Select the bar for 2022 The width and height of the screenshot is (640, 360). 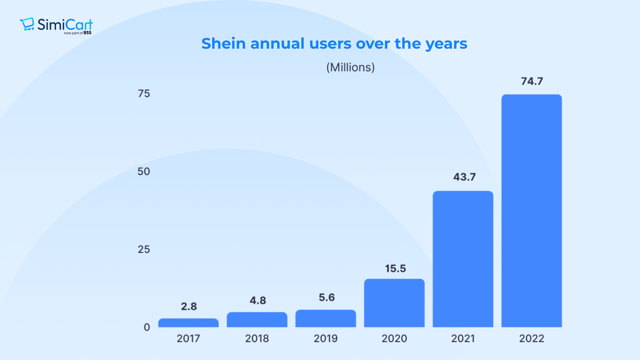[531, 211]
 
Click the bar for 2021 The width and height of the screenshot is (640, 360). [463, 259]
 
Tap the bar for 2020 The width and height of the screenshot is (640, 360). [394, 303]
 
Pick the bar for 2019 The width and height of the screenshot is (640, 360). [325, 319]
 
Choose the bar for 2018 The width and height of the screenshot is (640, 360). [257, 320]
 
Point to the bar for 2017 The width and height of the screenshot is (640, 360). [188, 323]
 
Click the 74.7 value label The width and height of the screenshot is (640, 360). [532, 81]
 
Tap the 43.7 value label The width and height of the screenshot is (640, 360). [464, 177]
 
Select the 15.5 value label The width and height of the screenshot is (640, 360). [395, 269]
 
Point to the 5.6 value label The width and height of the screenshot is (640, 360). [327, 297]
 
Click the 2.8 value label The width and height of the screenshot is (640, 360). [189, 306]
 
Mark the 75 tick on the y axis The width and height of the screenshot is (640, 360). [144, 94]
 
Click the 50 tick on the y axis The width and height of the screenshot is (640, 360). [144, 172]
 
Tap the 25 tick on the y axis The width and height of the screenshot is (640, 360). [144, 249]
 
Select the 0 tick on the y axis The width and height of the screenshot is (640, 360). [147, 327]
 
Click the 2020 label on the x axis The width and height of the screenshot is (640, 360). [394, 339]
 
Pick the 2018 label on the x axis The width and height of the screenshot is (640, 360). [257, 339]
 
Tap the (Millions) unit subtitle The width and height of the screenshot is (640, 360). [350, 67]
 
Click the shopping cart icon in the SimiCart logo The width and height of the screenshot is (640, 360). [27, 24]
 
